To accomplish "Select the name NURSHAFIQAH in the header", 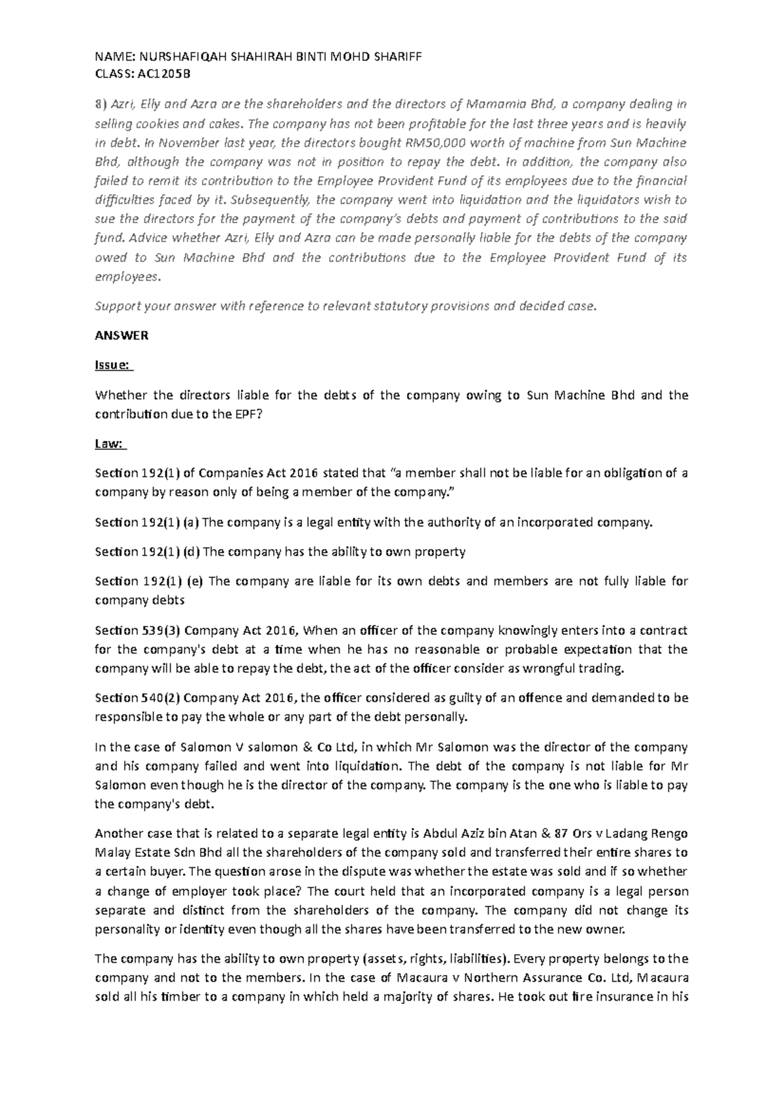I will [172, 56].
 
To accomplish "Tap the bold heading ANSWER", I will [122, 336].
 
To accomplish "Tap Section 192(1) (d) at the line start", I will [148, 552].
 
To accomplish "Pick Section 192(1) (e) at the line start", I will [149, 581].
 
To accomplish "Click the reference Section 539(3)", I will [139, 630].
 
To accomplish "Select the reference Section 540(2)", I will [139, 698].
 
